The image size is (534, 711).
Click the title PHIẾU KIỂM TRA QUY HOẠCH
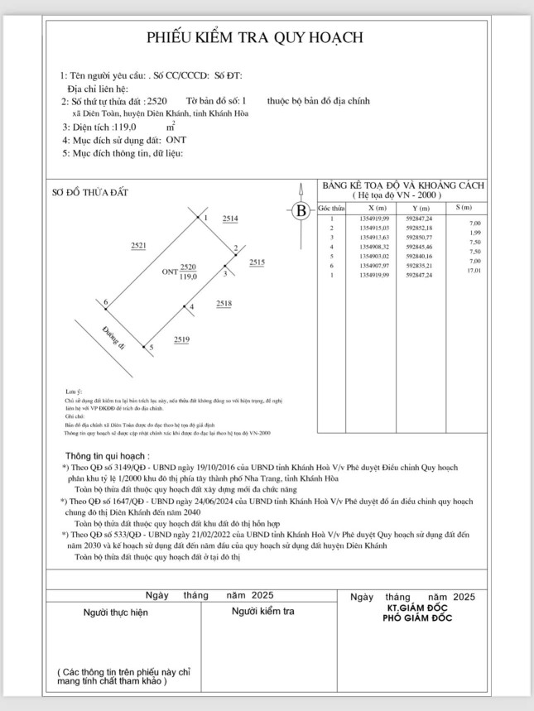(x=256, y=37)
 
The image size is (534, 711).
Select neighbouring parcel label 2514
(x=230, y=218)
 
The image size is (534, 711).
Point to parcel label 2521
(x=138, y=246)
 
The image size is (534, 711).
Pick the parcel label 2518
(x=224, y=304)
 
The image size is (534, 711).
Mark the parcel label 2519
(x=182, y=339)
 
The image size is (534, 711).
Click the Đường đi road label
(x=113, y=340)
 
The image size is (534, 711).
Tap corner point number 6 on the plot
(x=106, y=304)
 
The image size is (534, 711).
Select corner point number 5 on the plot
(x=152, y=348)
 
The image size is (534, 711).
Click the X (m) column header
(x=377, y=207)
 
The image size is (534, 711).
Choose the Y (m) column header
(x=420, y=207)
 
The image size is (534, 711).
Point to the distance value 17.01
(x=474, y=271)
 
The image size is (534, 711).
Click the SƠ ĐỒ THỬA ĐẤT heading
(x=90, y=192)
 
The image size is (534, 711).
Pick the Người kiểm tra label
(x=264, y=611)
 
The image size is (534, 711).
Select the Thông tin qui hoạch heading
(x=108, y=455)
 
